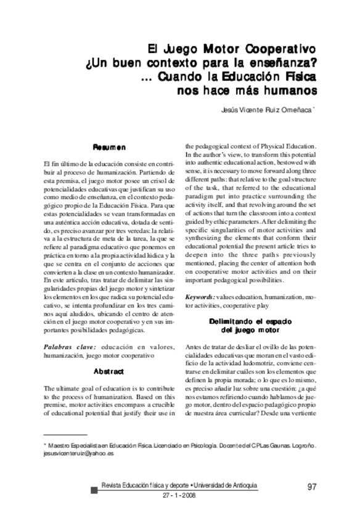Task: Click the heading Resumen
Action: (x=109, y=147)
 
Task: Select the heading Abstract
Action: (x=109, y=371)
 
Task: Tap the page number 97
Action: (x=311, y=487)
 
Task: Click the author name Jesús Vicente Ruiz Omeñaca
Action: (x=268, y=111)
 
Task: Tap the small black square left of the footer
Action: (x=93, y=491)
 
